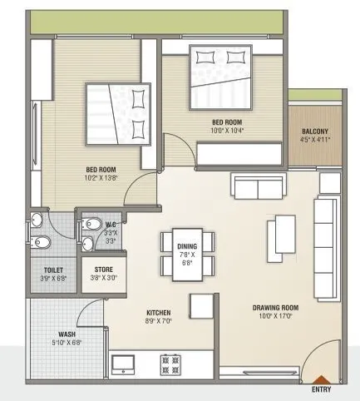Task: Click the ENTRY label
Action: click(x=323, y=389)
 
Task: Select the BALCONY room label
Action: click(x=315, y=131)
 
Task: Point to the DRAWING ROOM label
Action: click(x=275, y=308)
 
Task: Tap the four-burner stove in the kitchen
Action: click(x=171, y=364)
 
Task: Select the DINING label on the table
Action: click(x=186, y=246)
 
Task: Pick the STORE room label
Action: click(x=104, y=270)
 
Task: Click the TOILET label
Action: click(x=55, y=270)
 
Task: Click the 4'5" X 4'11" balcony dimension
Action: click(x=315, y=141)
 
